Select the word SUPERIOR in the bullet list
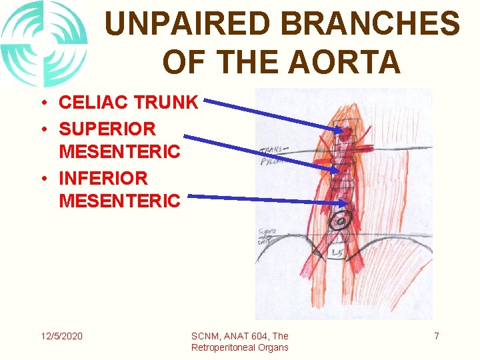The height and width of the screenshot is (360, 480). [x=107, y=127]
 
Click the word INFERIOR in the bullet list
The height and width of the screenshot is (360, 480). [x=103, y=177]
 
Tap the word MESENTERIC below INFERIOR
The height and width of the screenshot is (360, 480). [x=119, y=200]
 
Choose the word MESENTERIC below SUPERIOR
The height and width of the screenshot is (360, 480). [x=119, y=151]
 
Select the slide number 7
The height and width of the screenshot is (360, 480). [x=437, y=336]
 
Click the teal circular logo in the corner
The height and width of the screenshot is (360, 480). [x=43, y=44]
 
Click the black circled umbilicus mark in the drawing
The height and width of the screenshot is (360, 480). [x=341, y=221]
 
